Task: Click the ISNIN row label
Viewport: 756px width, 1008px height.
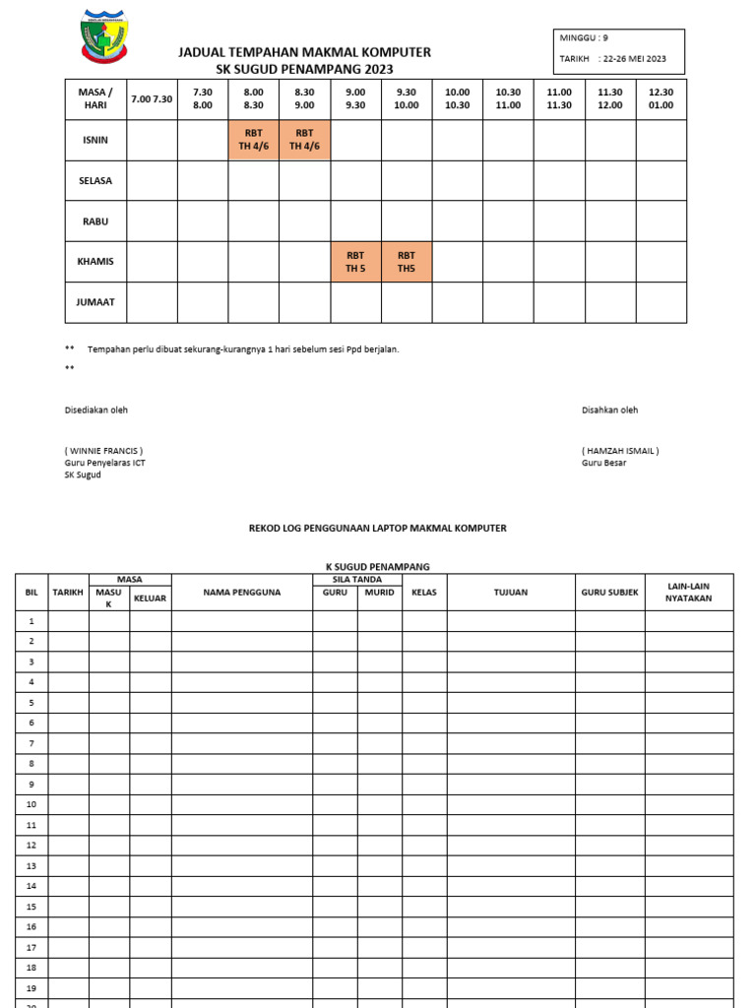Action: tap(95, 140)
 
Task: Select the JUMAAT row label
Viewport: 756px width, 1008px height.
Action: tap(95, 302)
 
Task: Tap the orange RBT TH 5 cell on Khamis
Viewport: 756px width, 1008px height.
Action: tap(355, 262)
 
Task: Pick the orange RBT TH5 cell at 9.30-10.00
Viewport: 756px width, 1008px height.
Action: tap(407, 262)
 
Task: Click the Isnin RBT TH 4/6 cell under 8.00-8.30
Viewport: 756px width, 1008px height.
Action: tap(253, 140)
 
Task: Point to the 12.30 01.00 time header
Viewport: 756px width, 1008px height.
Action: tap(661, 99)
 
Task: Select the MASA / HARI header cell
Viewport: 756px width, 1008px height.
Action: tap(95, 99)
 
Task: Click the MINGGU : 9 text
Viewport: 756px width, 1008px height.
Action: tap(584, 38)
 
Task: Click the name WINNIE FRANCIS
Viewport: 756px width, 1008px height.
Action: tap(104, 451)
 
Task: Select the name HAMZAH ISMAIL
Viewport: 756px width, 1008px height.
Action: tap(620, 451)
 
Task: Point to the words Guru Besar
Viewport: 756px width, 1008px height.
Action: tap(603, 463)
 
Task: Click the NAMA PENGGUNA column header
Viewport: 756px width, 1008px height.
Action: tap(242, 593)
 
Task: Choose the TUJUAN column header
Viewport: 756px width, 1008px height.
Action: tap(510, 593)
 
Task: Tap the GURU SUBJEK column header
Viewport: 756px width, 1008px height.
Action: tap(609, 593)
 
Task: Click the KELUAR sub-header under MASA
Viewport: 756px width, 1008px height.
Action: tap(150, 598)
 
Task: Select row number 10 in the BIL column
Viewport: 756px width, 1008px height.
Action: tap(31, 804)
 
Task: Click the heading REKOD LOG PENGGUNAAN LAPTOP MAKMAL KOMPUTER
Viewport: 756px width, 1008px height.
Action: tap(377, 529)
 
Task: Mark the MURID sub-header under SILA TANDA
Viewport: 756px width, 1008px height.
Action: tap(379, 593)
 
